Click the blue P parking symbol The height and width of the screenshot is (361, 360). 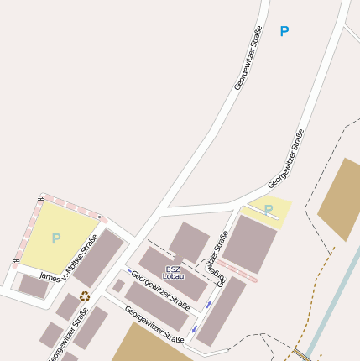click(284, 31)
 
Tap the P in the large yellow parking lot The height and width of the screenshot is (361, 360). click(55, 238)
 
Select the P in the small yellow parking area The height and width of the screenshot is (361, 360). click(269, 210)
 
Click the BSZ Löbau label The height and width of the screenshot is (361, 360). click(174, 272)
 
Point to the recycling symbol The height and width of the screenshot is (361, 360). click(84, 296)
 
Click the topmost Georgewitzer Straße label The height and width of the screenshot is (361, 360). click(248, 58)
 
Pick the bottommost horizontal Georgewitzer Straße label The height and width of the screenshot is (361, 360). click(154, 325)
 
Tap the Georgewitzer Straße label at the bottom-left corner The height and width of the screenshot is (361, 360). click(68, 336)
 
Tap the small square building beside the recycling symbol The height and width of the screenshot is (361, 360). click(119, 286)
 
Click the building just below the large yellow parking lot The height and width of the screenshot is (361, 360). click(34, 285)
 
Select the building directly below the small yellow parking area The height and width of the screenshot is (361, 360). click(249, 243)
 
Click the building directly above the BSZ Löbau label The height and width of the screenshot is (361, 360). click(189, 241)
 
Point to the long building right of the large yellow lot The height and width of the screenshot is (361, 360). click(98, 257)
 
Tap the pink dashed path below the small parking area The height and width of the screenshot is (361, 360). click(236, 270)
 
